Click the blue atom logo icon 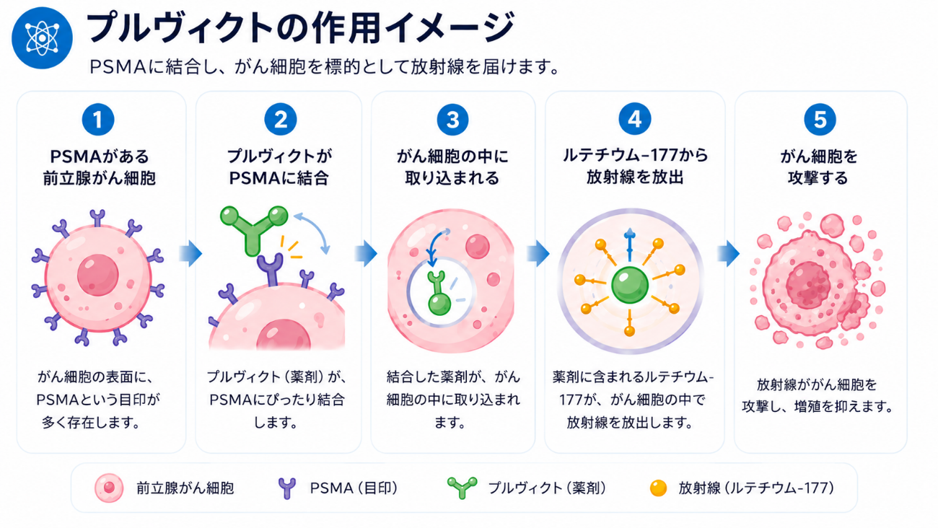coord(42,38)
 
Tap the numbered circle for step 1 coord(98,120)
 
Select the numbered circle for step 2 coord(280,120)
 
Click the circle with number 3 coord(452,120)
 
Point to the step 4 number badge coord(634,119)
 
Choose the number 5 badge coord(820,120)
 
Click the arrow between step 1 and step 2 coord(190,253)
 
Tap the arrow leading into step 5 coord(729,253)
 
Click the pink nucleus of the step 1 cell coord(98,275)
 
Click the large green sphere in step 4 coord(630,285)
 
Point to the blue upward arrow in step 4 coord(630,245)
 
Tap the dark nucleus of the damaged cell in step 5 coord(808,285)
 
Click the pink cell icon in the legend coord(109,488)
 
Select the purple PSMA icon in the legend coord(287,488)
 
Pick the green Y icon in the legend coord(462,488)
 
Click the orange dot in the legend coord(658,488)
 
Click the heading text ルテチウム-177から coord(635,156)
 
